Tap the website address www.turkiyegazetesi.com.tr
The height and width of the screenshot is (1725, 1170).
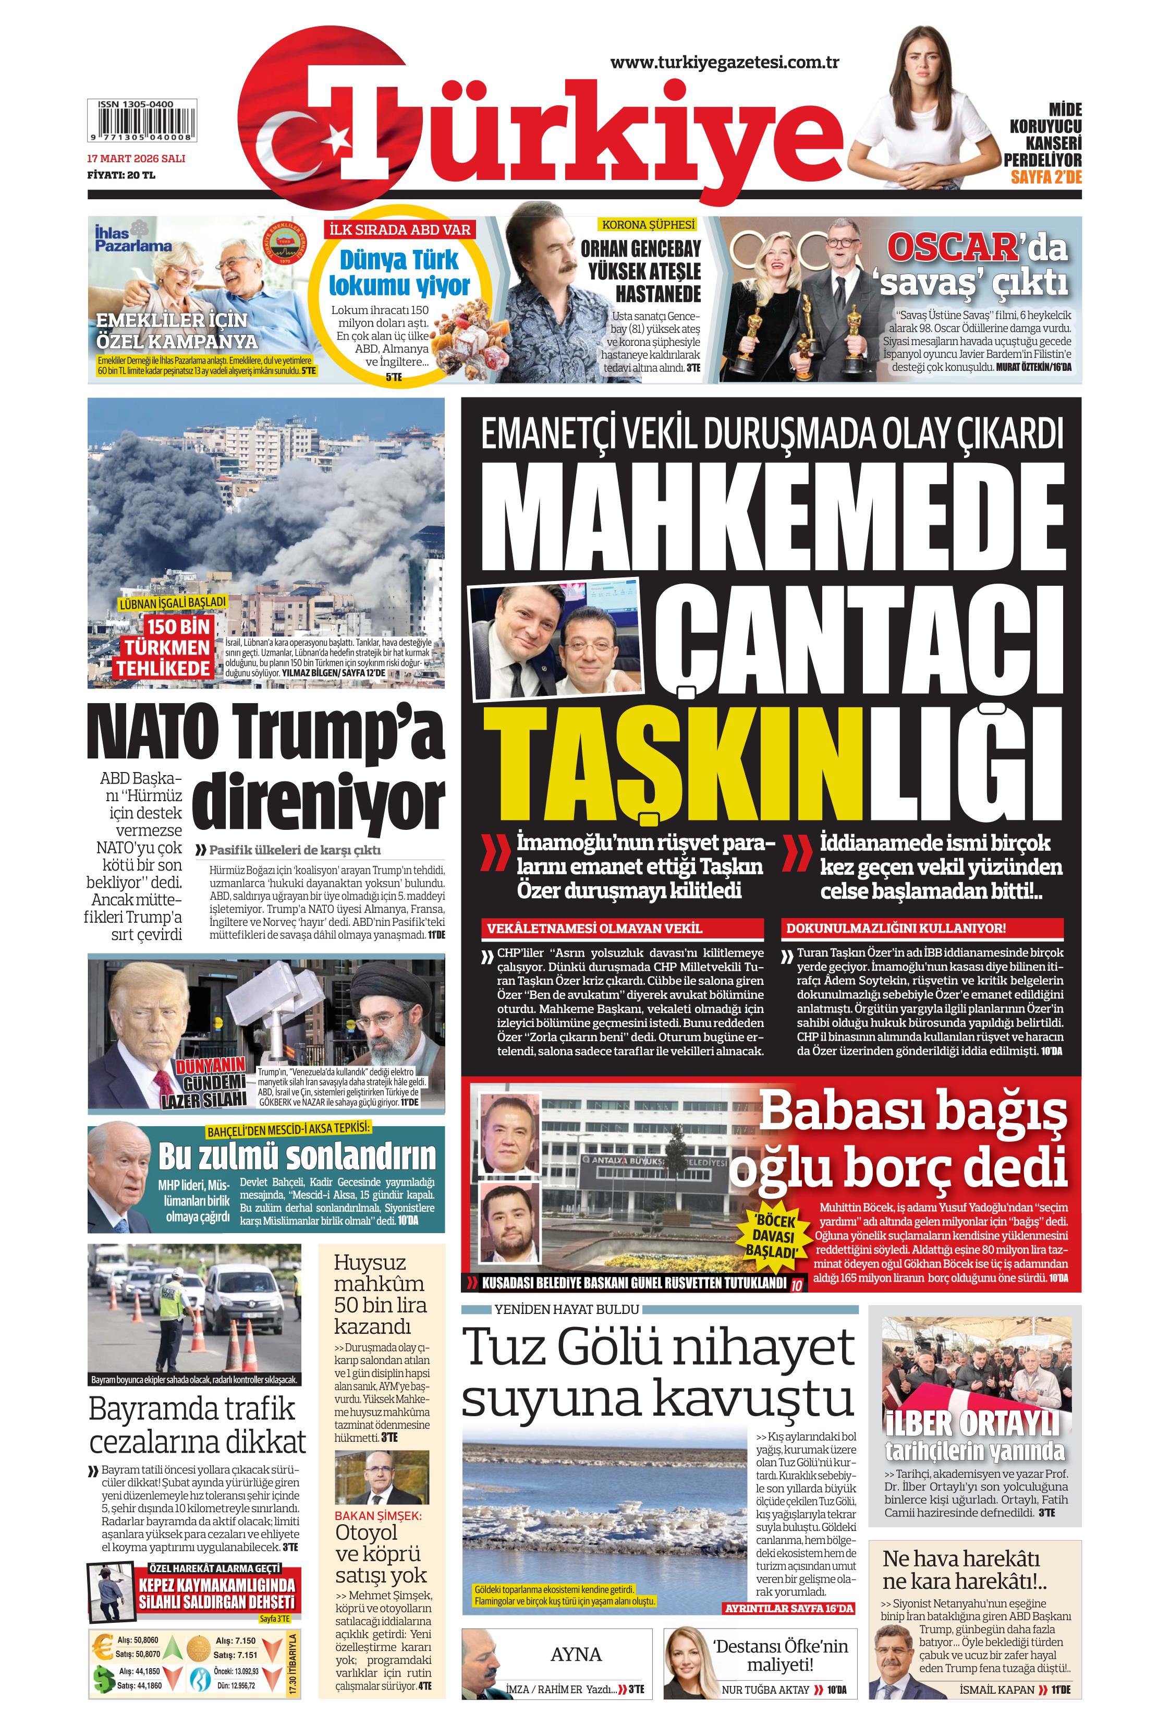click(x=724, y=63)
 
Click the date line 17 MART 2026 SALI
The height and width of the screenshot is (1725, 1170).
click(x=136, y=158)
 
